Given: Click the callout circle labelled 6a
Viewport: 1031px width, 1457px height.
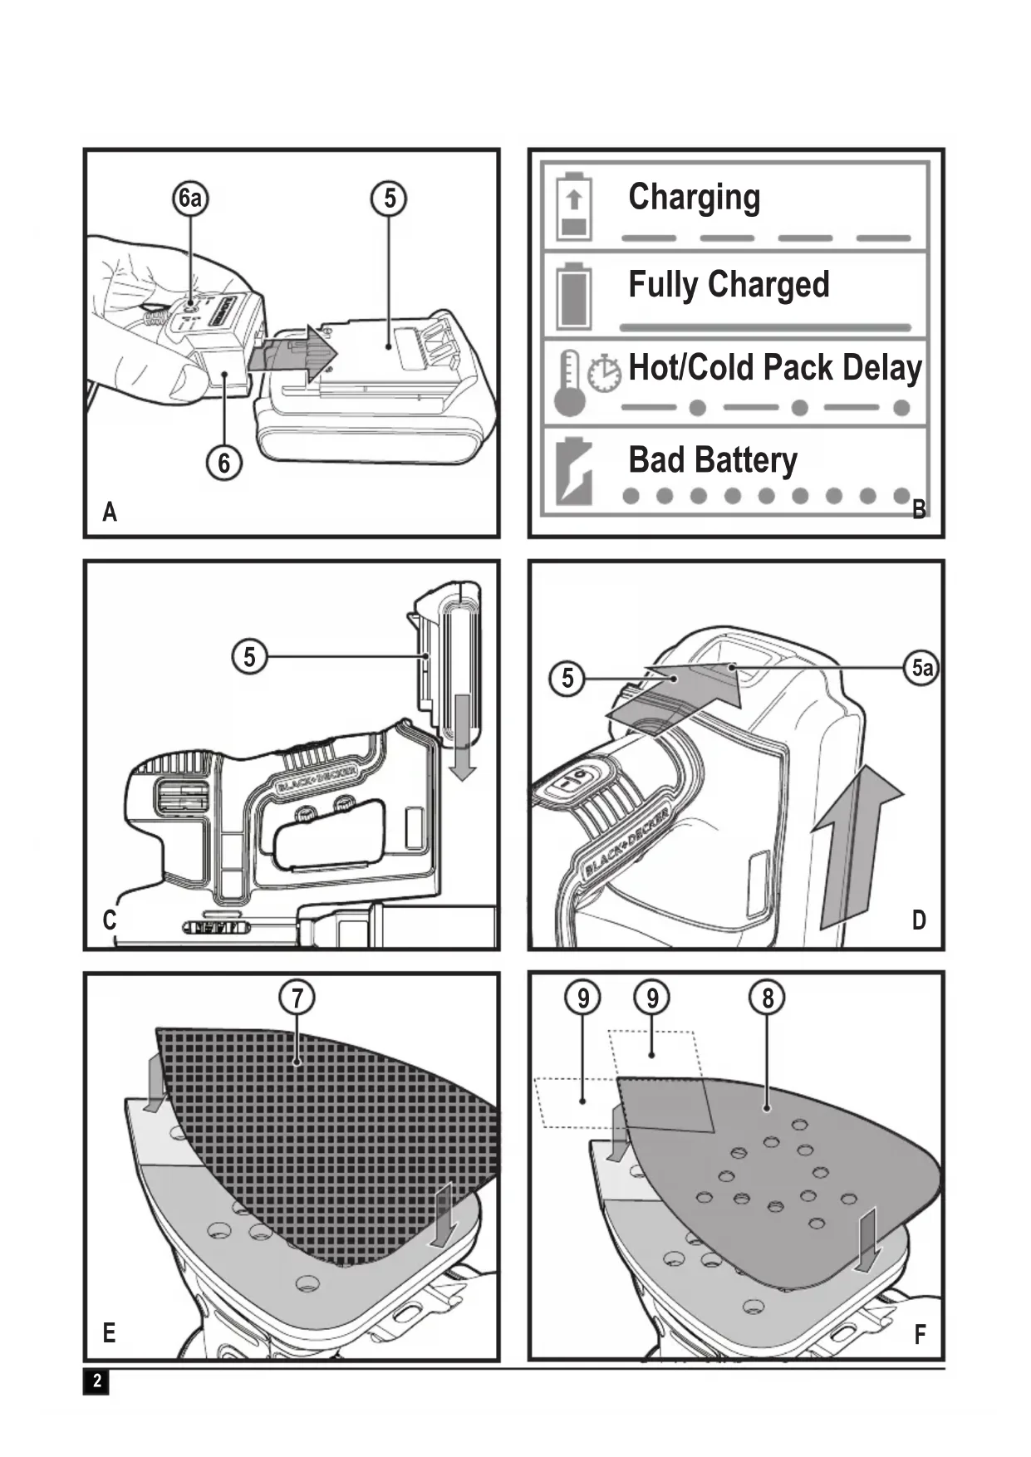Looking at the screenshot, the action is coord(190,199).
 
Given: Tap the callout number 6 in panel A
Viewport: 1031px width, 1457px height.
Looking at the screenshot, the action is coord(223,463).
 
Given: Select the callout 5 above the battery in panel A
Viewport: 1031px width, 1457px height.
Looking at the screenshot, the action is coord(390,199).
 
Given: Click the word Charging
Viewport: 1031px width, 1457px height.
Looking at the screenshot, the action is coord(694,198).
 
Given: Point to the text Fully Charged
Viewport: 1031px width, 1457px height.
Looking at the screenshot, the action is coord(729,285).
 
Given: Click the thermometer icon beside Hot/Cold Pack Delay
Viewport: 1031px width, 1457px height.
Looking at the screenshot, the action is coord(570,383).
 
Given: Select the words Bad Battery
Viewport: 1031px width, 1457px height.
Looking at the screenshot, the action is coord(712,459).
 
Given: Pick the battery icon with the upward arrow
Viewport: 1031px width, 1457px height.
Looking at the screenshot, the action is coord(573,207).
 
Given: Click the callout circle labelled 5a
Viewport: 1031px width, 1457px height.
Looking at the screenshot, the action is coord(921,667).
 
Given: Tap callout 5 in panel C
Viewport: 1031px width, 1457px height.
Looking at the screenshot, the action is coord(249,657).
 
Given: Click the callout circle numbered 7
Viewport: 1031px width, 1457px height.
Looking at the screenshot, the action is coord(297,997).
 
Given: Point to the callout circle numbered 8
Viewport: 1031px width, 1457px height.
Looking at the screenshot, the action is coord(767,997).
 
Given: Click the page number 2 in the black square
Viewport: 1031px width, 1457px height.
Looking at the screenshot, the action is coord(96,1381).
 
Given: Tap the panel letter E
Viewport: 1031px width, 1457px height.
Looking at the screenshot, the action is coord(109,1333).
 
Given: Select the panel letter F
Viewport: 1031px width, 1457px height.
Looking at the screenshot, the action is coord(920,1335).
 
